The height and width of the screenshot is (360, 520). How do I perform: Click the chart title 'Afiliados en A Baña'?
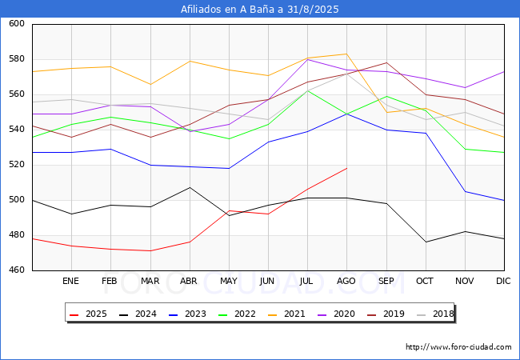260,10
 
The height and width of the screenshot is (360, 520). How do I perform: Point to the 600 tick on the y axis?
18,24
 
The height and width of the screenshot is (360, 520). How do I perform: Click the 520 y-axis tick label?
18,165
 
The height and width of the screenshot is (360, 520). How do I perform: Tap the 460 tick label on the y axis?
18,270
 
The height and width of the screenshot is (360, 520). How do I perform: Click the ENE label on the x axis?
71,282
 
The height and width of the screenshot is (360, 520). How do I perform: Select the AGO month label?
346,282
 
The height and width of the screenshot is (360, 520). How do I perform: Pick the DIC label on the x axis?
503,282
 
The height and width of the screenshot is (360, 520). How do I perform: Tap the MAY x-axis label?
229,282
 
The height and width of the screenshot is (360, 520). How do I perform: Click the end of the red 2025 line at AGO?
346,168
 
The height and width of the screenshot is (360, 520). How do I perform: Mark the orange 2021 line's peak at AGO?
346,54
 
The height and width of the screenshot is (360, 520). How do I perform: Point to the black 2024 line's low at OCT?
425,242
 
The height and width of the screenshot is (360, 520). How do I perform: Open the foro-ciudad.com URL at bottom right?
458,347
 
